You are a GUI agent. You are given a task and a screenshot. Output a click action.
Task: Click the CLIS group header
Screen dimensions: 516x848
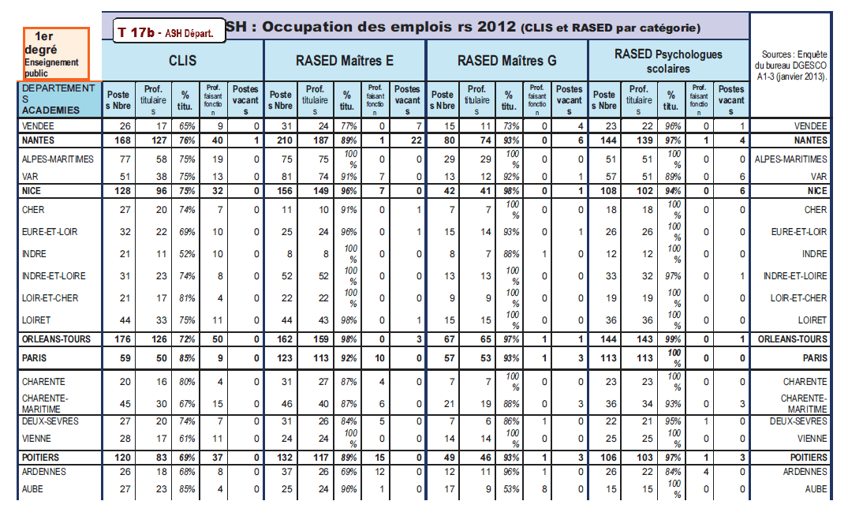click(182, 60)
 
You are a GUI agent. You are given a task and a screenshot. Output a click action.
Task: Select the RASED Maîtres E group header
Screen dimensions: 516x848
click(344, 60)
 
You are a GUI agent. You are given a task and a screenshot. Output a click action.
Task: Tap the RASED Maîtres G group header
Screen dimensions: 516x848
click(506, 60)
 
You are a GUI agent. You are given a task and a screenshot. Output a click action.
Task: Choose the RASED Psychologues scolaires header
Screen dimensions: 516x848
click(667, 60)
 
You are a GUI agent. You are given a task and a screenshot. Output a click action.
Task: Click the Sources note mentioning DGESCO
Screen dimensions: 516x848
click(790, 65)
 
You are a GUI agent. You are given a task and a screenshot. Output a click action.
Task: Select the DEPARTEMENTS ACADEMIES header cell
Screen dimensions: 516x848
click(61, 99)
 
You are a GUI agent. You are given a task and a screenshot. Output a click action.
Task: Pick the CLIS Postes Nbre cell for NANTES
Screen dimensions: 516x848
click(121, 140)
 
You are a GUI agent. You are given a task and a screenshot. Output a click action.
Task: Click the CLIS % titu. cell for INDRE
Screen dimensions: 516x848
click(185, 254)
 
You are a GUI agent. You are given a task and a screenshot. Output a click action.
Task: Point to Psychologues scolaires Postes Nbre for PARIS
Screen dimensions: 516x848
click(605, 357)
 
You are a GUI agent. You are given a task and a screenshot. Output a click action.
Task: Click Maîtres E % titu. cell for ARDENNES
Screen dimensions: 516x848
click(346, 472)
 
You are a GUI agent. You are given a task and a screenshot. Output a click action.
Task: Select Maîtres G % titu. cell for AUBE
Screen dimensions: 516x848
click(509, 489)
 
